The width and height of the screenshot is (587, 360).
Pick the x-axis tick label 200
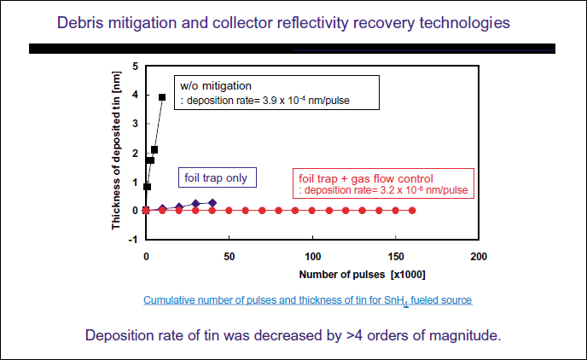click(479, 257)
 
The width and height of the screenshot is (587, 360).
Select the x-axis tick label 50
click(230, 257)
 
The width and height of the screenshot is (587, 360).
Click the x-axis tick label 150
click(395, 257)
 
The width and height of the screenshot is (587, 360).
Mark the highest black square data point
click(162, 97)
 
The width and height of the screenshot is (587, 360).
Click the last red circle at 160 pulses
click(412, 210)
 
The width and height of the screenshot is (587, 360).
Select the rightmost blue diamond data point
click(212, 203)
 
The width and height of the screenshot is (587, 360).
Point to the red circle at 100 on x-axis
click(312, 210)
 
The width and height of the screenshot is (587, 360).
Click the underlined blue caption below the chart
click(307, 300)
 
